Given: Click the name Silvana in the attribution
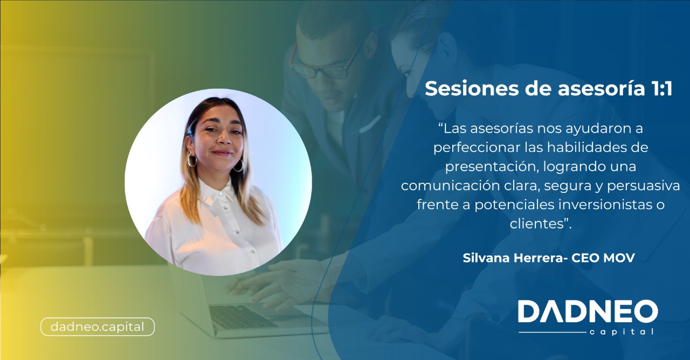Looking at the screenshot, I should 484,258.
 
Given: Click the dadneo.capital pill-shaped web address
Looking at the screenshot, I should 97,327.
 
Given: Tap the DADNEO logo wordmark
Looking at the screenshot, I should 588,312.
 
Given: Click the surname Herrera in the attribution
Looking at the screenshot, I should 536,258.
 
